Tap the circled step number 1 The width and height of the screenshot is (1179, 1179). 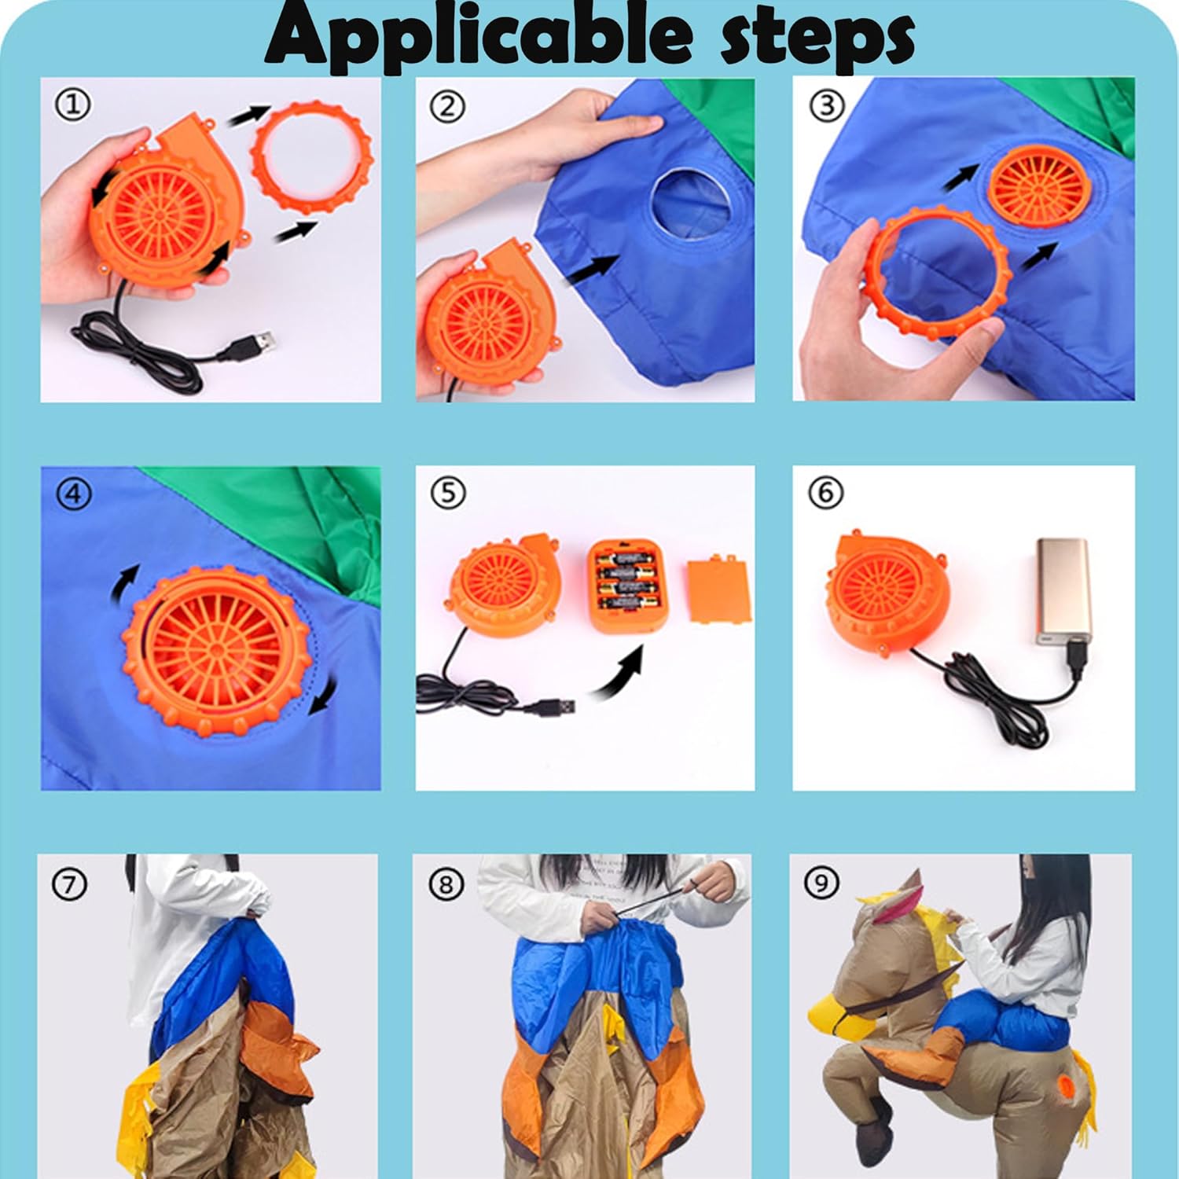pyautogui.click(x=73, y=105)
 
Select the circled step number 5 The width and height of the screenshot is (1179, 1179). pyautogui.click(x=448, y=493)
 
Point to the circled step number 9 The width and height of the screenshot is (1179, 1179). pyautogui.click(x=822, y=883)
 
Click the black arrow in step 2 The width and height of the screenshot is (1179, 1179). pyautogui.click(x=589, y=270)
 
